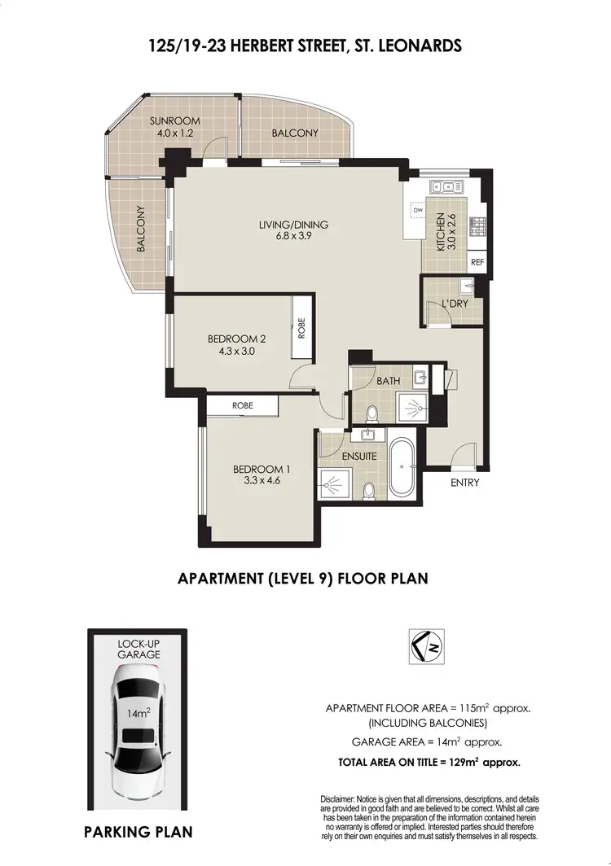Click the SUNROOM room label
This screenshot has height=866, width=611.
174,121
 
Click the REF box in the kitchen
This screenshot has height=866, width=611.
477,263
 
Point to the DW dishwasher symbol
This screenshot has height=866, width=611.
418,210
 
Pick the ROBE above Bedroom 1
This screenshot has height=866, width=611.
242,405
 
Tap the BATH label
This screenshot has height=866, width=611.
386,381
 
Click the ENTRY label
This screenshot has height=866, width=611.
464,483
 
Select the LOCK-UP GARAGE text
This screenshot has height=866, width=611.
137,647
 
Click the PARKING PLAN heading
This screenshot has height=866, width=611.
138,832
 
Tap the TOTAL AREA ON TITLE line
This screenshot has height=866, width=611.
429,763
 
